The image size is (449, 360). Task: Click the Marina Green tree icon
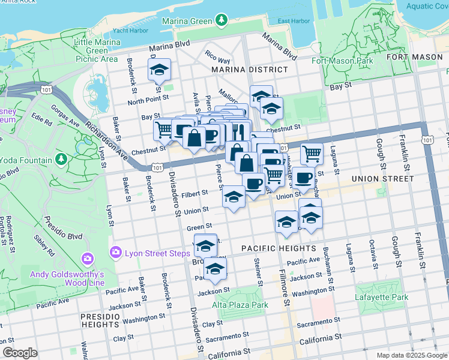222,20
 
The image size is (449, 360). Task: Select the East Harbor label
294,21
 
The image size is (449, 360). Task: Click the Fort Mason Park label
342,61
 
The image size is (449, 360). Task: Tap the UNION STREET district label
382,178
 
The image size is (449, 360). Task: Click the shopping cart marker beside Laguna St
312,154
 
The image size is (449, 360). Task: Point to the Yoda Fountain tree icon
61,160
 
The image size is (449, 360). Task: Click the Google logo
20,352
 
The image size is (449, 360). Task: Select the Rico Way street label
217,60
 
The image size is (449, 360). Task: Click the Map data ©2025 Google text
411,355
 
